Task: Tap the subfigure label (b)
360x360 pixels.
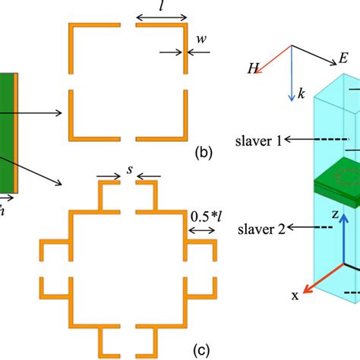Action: pyautogui.click(x=203, y=153)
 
